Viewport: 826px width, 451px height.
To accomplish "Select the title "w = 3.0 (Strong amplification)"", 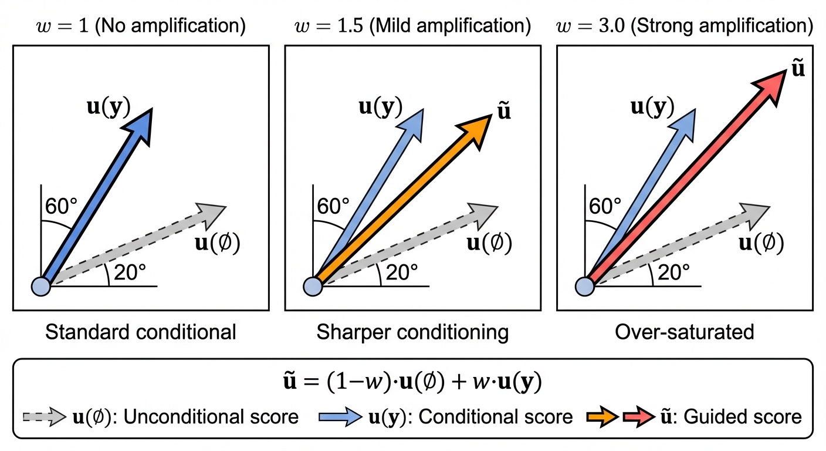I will [x=684, y=26].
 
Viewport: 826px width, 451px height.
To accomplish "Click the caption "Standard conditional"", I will [x=141, y=332].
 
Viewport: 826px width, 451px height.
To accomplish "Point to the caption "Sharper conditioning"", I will [x=412, y=332].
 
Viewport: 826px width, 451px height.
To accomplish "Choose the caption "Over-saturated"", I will [x=684, y=332].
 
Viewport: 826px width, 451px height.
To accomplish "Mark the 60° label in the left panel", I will [x=60, y=206].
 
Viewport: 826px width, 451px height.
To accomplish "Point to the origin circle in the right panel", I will [x=585, y=286].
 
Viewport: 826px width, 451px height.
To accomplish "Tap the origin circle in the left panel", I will [x=41, y=286].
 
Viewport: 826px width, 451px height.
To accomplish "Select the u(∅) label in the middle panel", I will [x=489, y=243].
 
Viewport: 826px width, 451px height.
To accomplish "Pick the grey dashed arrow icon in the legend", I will [x=45, y=417].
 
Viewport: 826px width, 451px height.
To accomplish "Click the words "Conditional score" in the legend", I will [x=496, y=417].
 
